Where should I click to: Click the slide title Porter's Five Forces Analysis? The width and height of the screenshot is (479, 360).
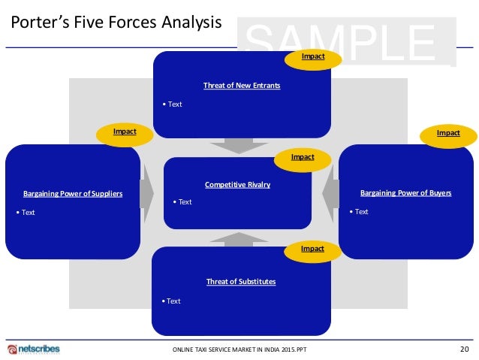click(116, 23)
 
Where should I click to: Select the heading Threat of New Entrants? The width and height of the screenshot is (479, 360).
click(242, 86)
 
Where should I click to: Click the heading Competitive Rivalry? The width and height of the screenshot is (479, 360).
click(237, 184)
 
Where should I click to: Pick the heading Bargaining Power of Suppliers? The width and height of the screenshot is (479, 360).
click(73, 194)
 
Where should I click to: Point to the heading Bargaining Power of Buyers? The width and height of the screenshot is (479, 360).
click(406, 193)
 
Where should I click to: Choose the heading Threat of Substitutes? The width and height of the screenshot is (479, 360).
click(241, 282)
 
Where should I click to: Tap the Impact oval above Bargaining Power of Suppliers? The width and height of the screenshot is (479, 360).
click(125, 132)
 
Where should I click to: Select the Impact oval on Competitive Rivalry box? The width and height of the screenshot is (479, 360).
click(303, 157)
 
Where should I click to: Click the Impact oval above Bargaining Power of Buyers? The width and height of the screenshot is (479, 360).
click(448, 134)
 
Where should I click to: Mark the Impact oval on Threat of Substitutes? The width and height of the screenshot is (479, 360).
click(312, 249)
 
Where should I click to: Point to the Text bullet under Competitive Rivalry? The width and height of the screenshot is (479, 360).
click(182, 201)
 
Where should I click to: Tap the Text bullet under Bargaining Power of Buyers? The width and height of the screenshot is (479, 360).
click(359, 211)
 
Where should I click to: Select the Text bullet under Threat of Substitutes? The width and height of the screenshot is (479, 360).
click(171, 301)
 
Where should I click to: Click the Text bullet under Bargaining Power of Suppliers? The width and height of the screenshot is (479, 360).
click(26, 212)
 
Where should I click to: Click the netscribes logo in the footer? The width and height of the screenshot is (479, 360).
click(33, 349)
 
